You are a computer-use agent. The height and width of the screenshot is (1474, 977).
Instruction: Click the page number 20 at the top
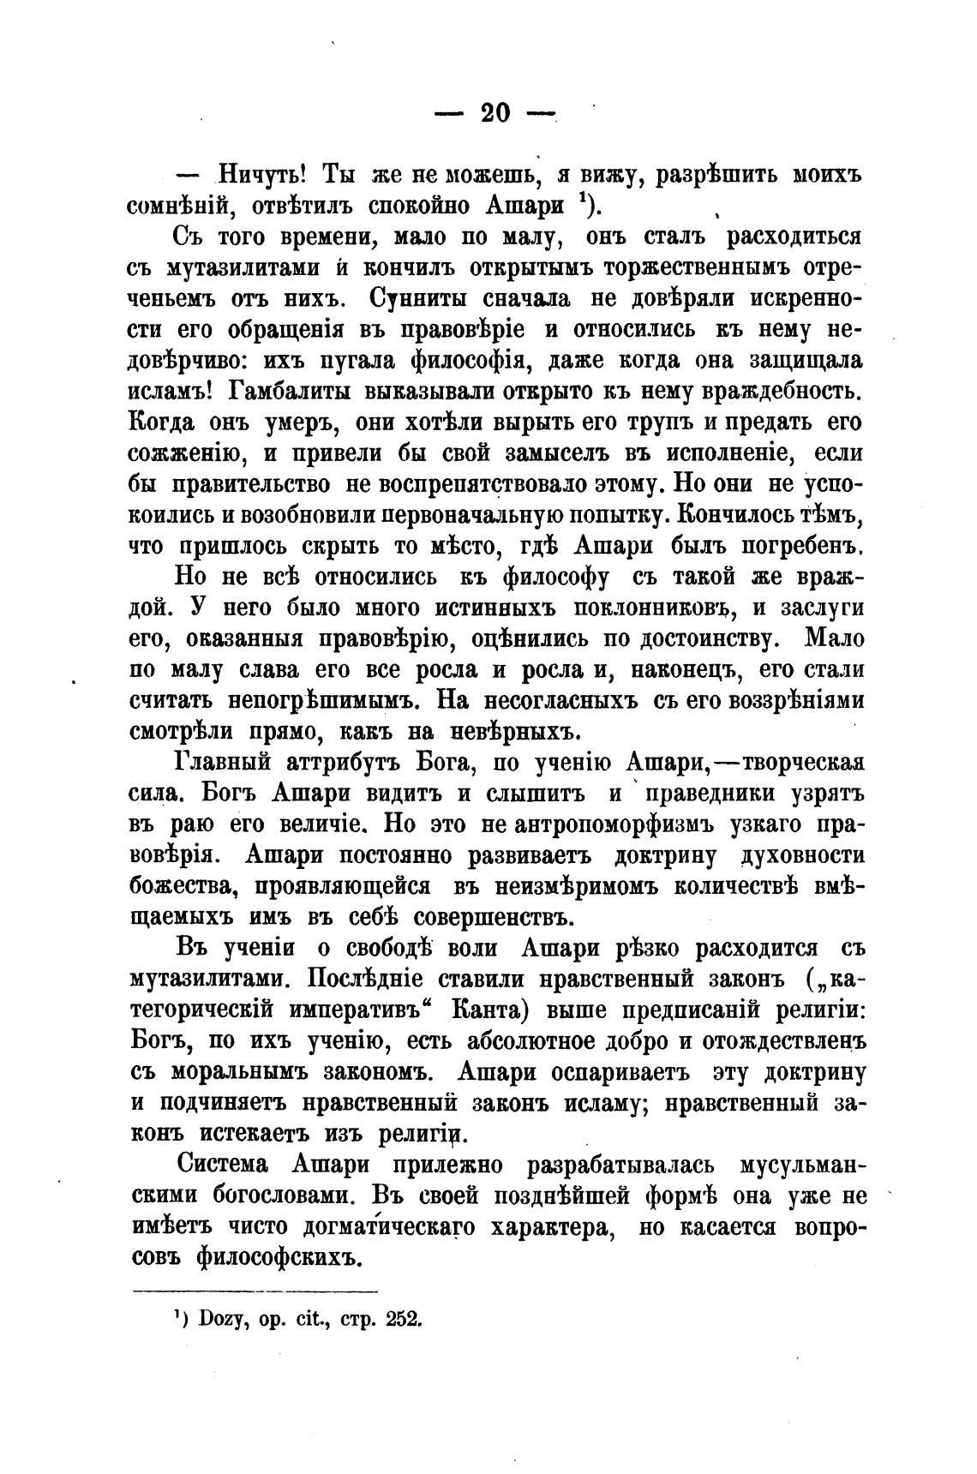(x=495, y=112)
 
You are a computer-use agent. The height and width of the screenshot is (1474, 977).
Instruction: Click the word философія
(x=466, y=361)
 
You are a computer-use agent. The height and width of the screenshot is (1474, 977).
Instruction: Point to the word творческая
(x=802, y=763)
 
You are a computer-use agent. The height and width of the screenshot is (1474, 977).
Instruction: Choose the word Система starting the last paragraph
(x=226, y=1165)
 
